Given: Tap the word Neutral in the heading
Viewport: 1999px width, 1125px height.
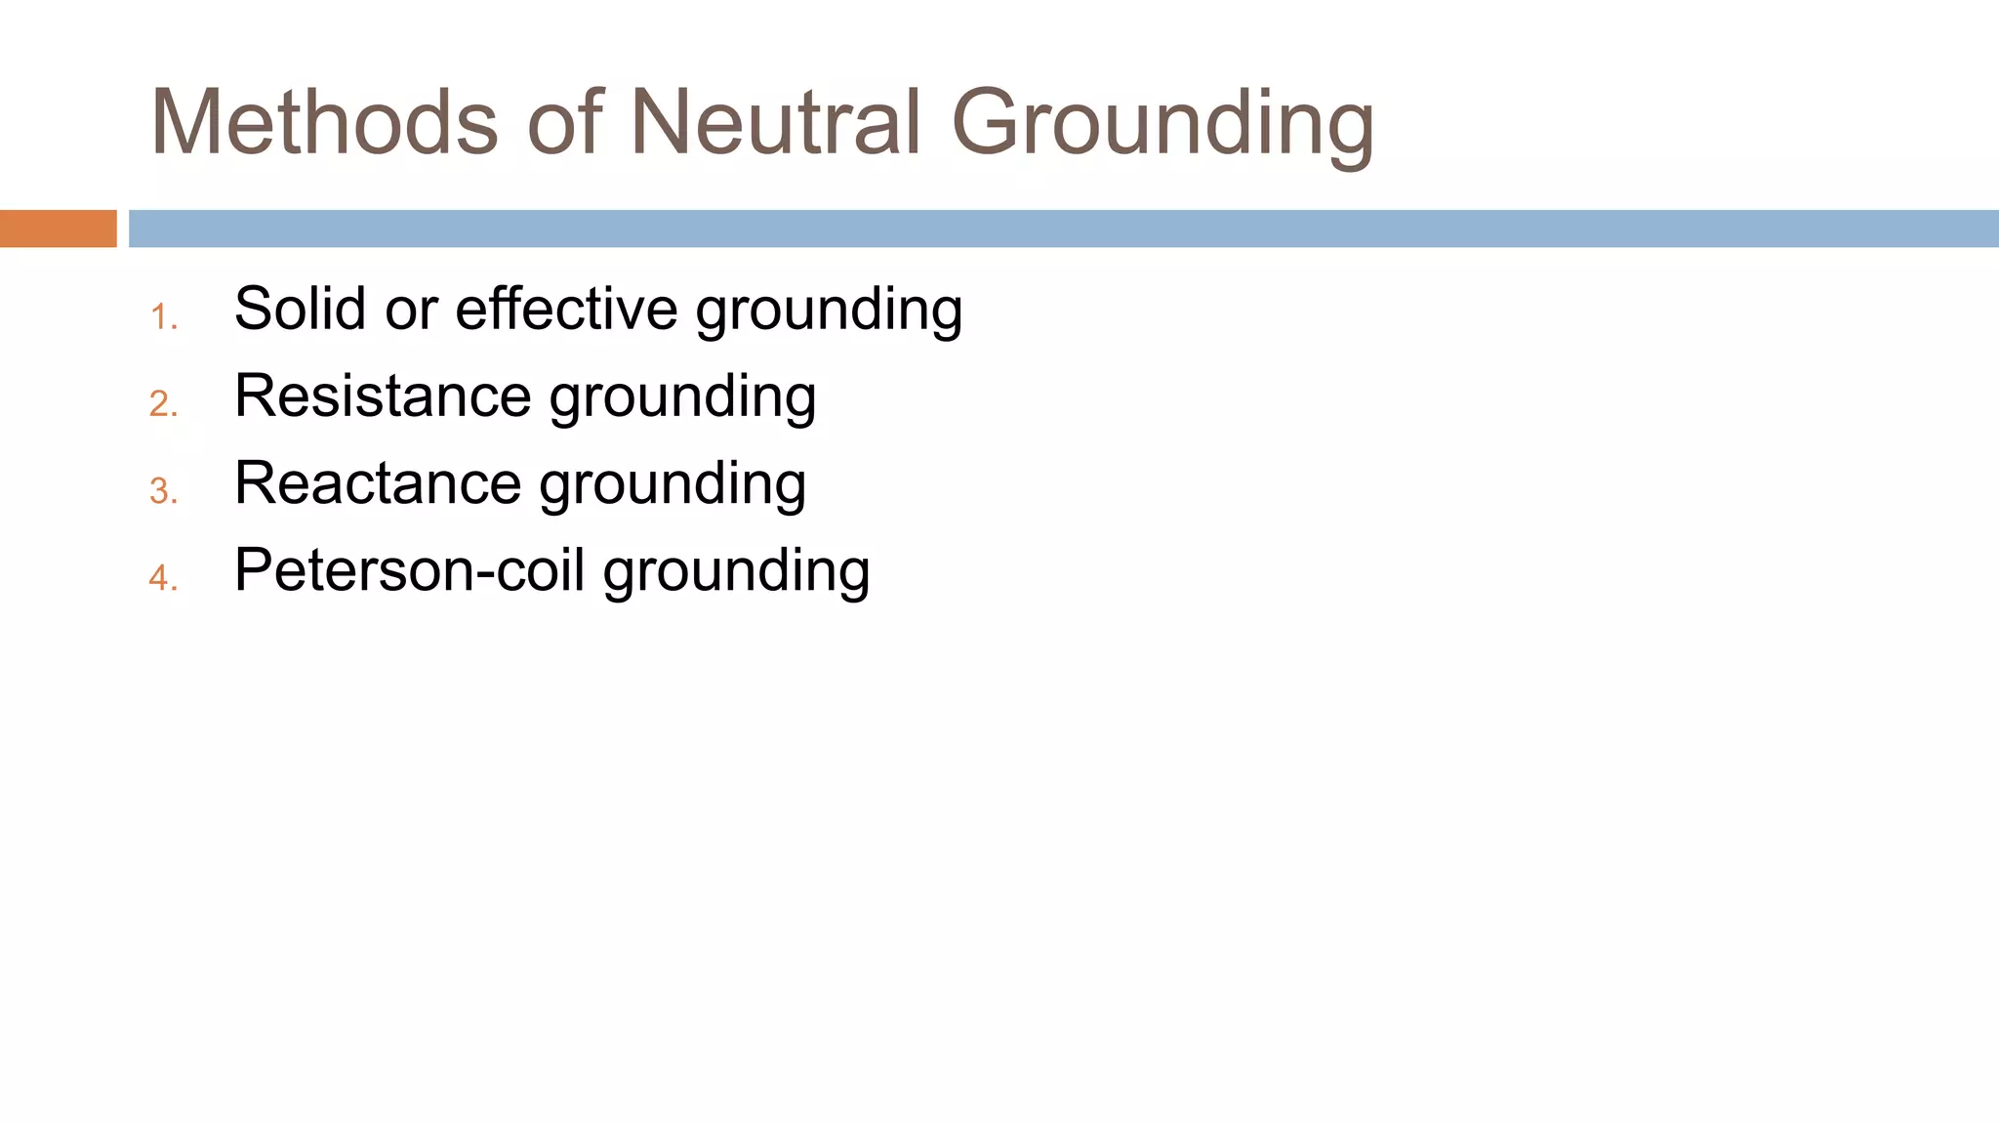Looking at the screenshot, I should click(776, 122).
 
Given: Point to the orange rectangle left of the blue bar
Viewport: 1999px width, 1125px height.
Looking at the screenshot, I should click(58, 229).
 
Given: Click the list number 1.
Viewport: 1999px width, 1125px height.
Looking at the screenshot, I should click(163, 317).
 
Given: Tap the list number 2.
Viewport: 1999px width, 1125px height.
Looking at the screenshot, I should click(163, 404).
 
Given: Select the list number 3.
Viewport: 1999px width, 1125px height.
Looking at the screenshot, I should click(163, 491).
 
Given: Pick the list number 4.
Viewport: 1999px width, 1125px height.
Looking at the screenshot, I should click(163, 578).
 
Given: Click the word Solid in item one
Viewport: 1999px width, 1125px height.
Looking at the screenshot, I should click(300, 309).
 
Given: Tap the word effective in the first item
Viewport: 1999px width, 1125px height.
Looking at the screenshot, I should click(567, 309).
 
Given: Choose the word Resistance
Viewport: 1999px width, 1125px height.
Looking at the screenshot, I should click(383, 396).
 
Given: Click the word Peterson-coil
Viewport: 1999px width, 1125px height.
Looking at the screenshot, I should click(409, 570).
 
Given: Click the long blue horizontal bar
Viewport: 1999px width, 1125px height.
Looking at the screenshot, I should click(1063, 229).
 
